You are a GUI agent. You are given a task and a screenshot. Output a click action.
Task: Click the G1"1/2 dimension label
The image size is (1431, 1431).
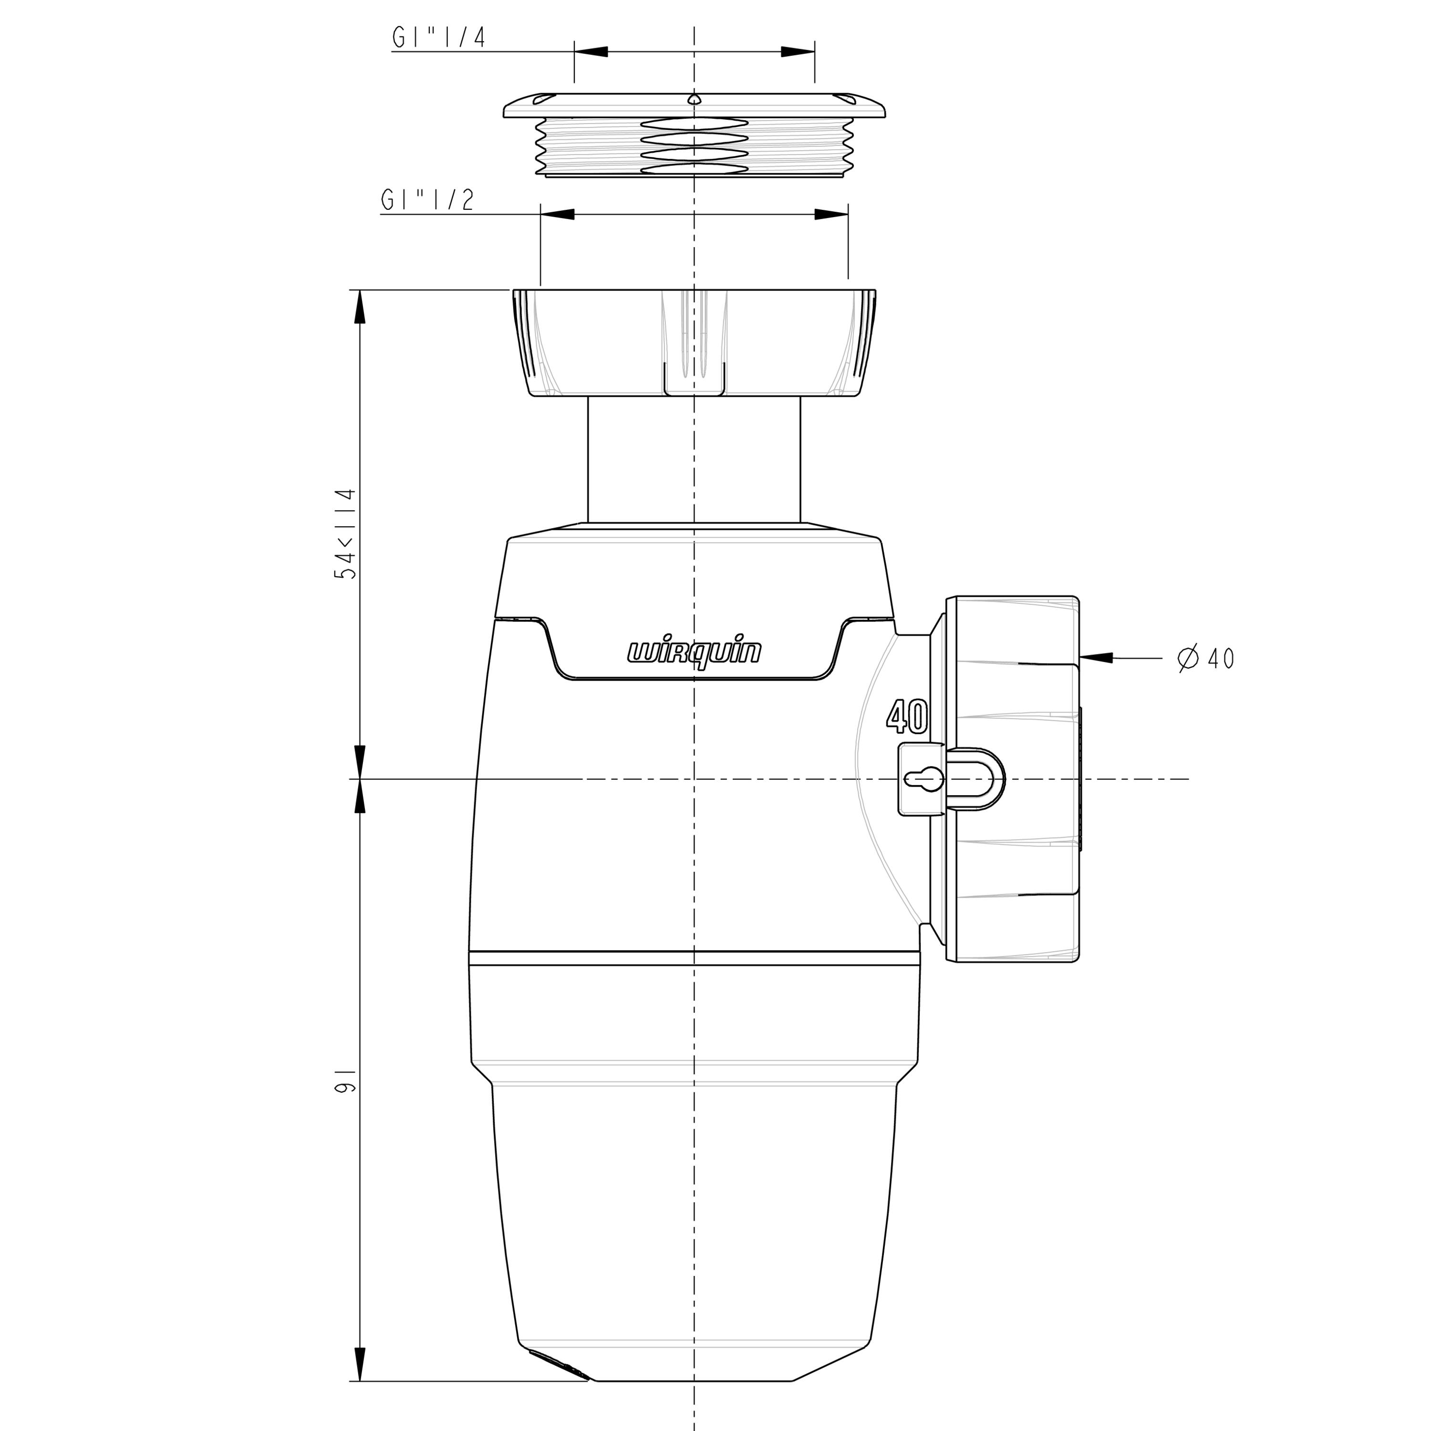coord(427,200)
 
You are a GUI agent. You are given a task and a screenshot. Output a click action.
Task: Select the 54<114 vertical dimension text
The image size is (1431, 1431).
coord(346,533)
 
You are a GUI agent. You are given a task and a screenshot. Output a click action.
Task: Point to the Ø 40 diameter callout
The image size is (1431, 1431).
coord(1206,658)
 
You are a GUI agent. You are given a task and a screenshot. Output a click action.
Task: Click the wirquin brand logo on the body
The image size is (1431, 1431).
coord(694,652)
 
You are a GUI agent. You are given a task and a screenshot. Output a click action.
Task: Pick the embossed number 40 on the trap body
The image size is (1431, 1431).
coord(907,716)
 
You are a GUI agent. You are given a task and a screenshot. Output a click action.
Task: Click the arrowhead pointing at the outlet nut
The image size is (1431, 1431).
coord(1096,657)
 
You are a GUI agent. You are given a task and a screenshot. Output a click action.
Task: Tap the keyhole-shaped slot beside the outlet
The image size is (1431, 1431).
coord(923,779)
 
